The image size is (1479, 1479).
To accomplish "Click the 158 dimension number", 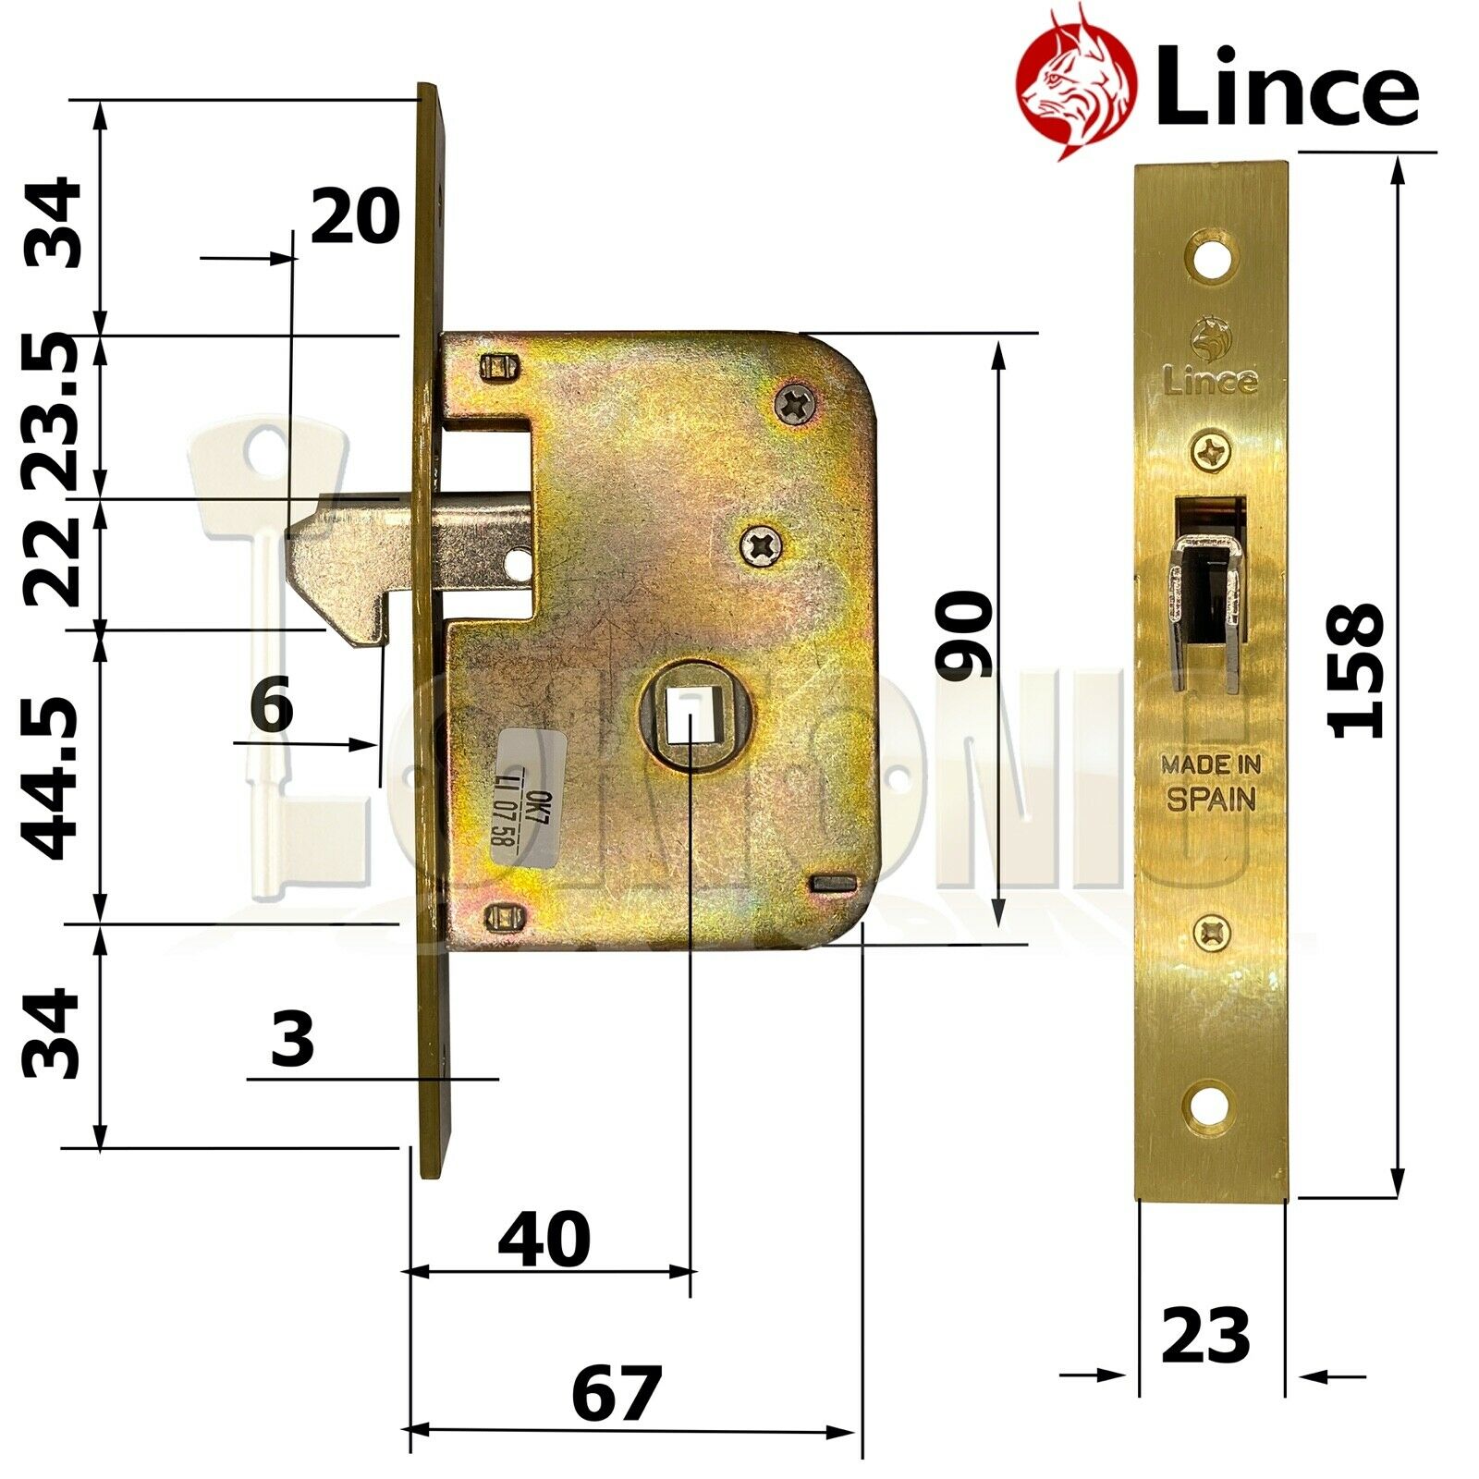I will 1357,670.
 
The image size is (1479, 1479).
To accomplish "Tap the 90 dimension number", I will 963,636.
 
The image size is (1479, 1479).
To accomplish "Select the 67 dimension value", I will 617,1394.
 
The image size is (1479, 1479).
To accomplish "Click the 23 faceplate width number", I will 1205,1336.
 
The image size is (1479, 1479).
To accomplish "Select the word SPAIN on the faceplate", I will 1211,799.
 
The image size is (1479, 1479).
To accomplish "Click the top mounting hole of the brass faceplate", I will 1211,258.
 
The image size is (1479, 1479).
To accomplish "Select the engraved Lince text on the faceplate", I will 1211,380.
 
